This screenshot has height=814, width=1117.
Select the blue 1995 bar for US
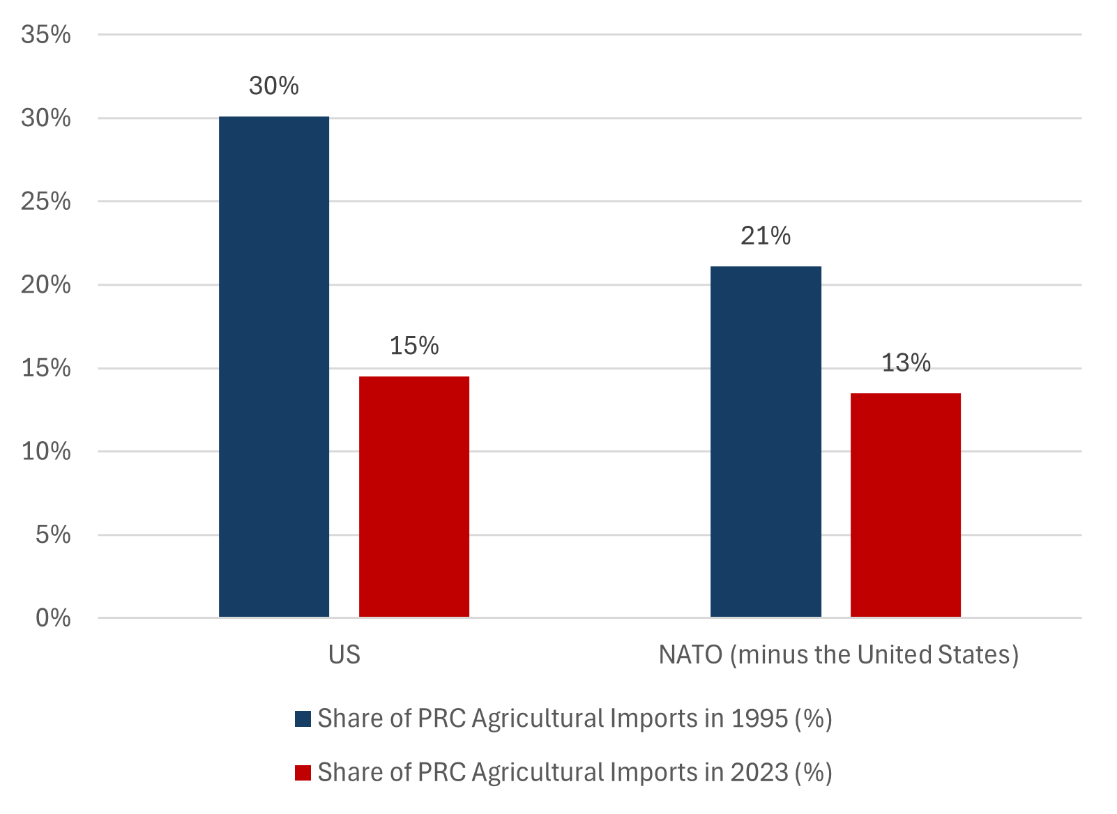point(274,367)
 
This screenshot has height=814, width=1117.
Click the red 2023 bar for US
point(414,496)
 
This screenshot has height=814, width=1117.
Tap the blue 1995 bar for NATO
point(766,441)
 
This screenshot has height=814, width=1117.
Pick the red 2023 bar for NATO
point(905,505)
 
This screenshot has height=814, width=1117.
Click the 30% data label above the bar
point(274,86)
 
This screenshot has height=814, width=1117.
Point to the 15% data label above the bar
point(414,346)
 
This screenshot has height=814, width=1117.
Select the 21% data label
point(766,236)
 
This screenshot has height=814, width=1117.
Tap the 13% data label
point(906,363)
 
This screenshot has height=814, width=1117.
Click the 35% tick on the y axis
point(46,34)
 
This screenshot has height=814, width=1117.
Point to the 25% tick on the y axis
point(46,201)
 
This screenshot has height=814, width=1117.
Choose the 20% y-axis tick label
point(46,285)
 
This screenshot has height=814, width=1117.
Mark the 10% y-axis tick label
point(46,452)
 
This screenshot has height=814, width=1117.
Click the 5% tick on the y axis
point(53,535)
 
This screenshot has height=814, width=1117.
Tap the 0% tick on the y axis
point(53,618)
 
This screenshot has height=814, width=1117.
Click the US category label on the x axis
point(344,655)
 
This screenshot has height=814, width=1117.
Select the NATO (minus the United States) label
point(839,655)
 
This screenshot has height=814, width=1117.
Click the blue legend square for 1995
point(303,719)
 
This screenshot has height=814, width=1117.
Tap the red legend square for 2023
point(303,773)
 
